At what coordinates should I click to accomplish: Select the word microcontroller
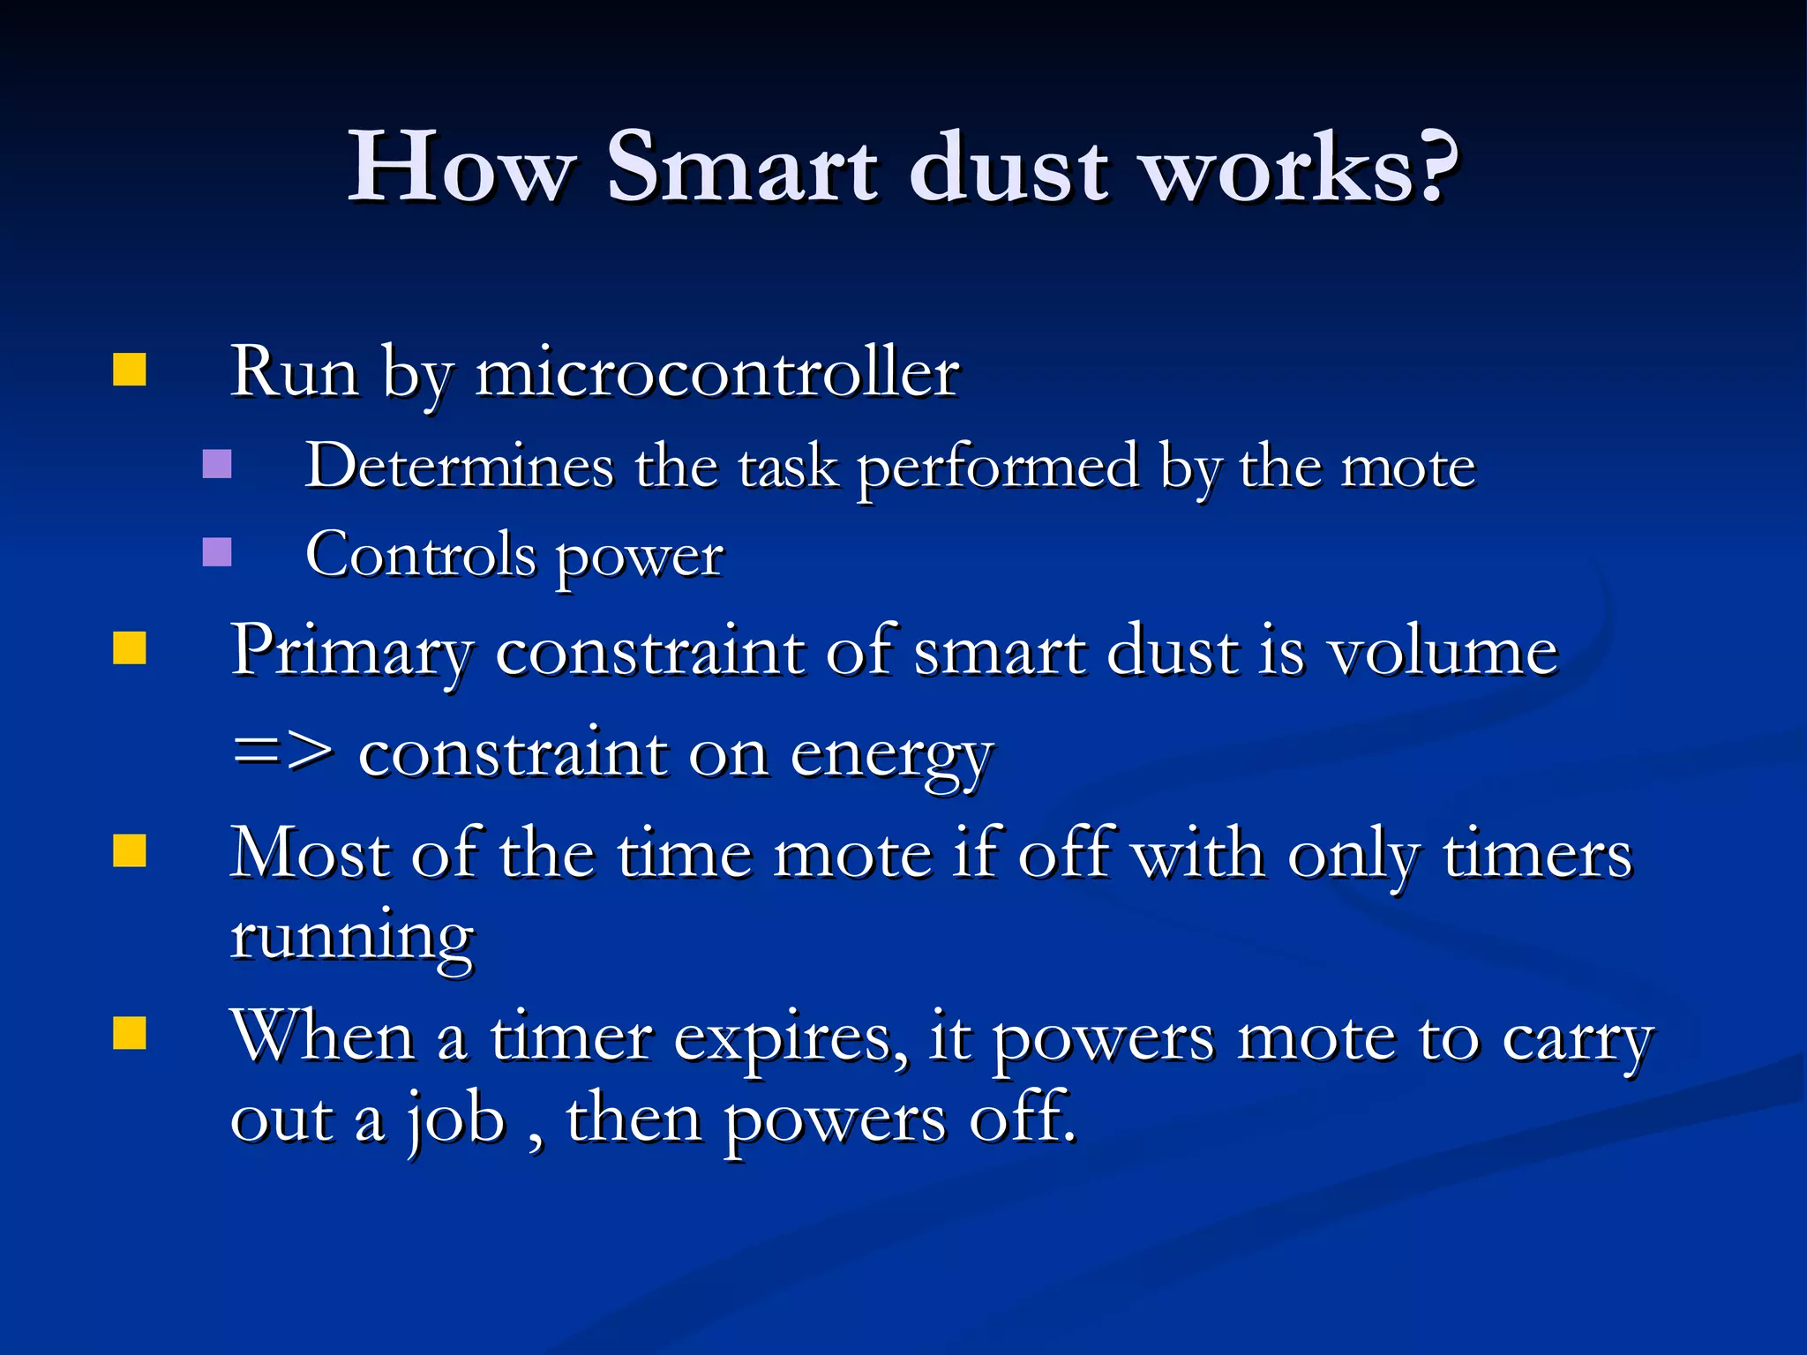[x=716, y=372]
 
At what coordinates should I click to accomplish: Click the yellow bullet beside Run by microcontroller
[x=130, y=371]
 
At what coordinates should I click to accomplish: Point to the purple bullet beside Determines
[x=217, y=464]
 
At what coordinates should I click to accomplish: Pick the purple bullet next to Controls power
[x=217, y=552]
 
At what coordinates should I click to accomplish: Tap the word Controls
[x=421, y=556]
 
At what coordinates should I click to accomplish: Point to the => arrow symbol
[x=282, y=753]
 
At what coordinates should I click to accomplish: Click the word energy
[x=891, y=757]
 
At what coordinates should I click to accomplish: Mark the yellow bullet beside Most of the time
[x=130, y=852]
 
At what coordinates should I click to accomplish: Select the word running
[x=352, y=937]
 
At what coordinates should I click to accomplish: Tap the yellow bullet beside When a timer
[x=130, y=1033]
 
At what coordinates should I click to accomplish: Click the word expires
[x=790, y=1039]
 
